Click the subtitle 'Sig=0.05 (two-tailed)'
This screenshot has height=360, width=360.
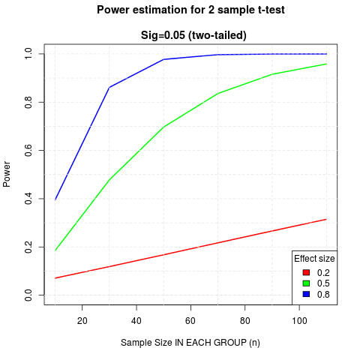(x=193, y=35)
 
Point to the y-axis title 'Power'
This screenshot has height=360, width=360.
(x=7, y=174)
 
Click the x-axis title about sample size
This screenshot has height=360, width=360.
(x=190, y=343)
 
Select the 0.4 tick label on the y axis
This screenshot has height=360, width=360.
(x=28, y=199)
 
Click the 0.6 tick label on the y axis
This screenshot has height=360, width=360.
(x=28, y=150)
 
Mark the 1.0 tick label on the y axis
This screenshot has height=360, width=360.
(x=28, y=54)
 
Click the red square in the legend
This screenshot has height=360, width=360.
(x=306, y=272)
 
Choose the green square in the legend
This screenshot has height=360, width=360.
(x=306, y=283)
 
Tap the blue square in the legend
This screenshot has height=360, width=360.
(x=306, y=294)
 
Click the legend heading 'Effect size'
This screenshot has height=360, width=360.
(x=314, y=258)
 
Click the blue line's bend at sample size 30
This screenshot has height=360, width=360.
(x=109, y=87)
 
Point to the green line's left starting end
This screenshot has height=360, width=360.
(x=55, y=250)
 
